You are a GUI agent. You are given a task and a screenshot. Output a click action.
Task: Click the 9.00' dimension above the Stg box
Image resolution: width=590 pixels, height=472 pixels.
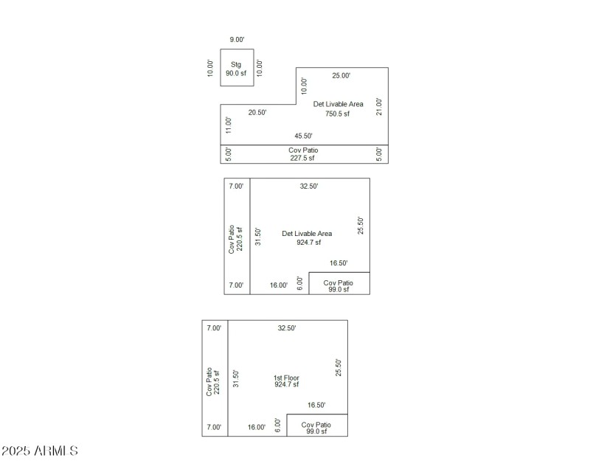[237, 40]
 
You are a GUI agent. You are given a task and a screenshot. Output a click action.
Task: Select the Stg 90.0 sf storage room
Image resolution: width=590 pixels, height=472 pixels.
[236, 69]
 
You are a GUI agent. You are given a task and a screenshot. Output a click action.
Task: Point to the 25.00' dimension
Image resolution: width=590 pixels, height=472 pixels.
[341, 76]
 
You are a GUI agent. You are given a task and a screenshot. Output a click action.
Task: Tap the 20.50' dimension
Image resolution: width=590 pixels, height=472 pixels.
[257, 113]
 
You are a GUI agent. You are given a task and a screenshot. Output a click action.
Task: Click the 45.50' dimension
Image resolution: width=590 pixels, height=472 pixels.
[303, 136]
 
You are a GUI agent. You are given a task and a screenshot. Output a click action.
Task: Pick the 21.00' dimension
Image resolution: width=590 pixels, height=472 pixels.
[379, 106]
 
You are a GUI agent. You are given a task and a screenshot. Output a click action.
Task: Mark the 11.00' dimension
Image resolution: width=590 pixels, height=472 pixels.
[229, 125]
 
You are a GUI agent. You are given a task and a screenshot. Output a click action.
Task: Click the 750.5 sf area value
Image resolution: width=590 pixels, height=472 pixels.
[338, 114]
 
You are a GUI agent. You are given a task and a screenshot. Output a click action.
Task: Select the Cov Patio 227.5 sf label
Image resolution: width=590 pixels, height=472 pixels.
[303, 153]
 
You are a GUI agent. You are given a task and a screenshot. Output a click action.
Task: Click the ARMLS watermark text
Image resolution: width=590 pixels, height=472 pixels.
[41, 450]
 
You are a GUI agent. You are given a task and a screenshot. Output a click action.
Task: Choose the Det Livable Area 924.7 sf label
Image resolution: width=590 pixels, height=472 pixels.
[307, 237]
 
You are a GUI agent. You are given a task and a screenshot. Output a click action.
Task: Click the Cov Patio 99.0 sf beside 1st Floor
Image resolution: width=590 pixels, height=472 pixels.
[316, 428]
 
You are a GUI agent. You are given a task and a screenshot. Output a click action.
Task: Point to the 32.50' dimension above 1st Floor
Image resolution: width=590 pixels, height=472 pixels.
[287, 328]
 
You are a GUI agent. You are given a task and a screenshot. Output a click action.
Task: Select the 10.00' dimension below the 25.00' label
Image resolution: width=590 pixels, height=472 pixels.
[304, 86]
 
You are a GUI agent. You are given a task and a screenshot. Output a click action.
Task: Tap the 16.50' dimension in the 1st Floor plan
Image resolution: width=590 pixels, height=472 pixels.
[316, 405]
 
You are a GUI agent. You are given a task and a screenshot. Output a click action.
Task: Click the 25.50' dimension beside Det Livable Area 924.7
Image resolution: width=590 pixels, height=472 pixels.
[361, 226]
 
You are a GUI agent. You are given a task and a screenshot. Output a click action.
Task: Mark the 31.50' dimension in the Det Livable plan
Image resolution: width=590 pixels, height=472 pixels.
[258, 236]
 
